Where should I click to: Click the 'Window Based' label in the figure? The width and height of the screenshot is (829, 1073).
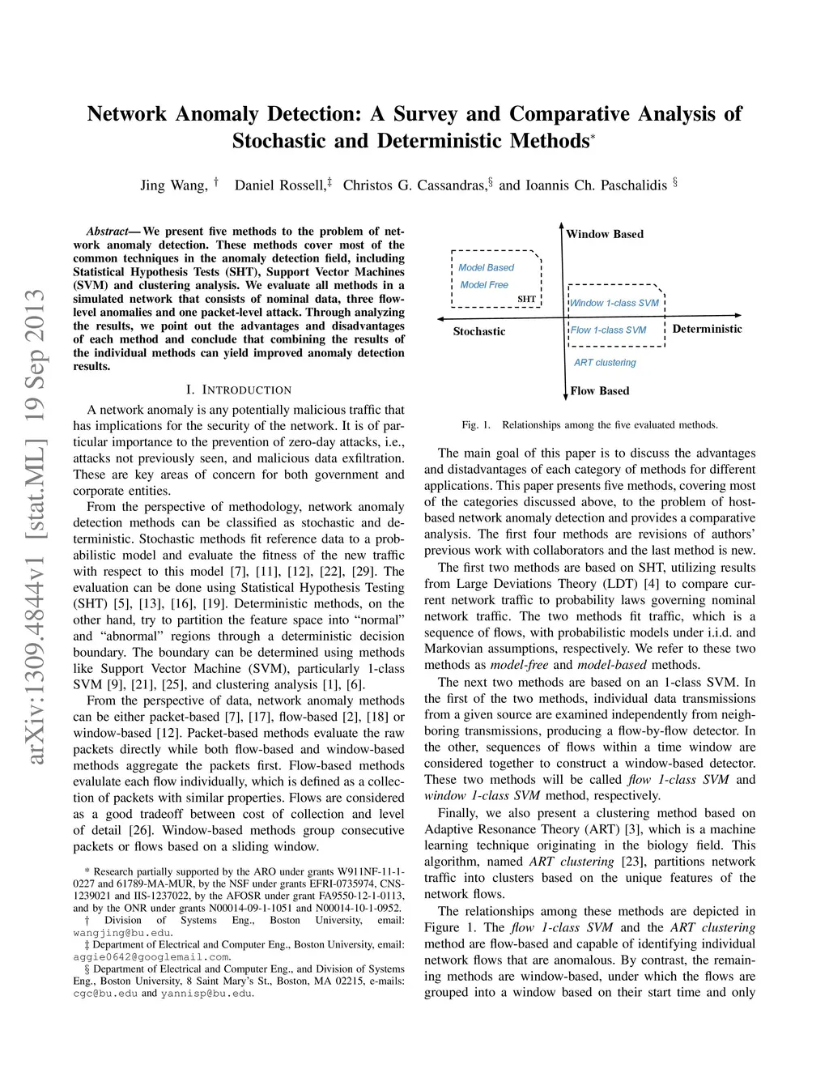tap(605, 234)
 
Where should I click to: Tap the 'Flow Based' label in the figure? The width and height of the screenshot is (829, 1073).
tap(599, 390)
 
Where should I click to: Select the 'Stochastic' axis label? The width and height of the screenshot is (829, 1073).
tap(478, 331)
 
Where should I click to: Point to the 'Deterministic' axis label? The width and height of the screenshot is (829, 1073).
tap(707, 329)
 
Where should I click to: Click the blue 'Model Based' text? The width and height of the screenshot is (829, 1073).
tap(486, 267)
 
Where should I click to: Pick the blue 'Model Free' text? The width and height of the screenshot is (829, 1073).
tap(484, 284)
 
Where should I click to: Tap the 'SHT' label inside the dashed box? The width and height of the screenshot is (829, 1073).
tap(526, 299)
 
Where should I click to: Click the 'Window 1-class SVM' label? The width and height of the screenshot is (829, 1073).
tap(614, 303)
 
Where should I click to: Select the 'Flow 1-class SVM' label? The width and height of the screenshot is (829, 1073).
tap(608, 330)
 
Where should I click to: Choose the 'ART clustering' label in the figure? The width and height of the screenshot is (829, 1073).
tap(605, 362)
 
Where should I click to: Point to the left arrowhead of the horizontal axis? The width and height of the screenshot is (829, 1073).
tap(440, 318)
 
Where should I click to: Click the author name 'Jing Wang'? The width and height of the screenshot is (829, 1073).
tap(173, 185)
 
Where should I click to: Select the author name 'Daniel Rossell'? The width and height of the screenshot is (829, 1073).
tap(279, 185)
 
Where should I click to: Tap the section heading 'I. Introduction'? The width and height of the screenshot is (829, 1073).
tap(239, 390)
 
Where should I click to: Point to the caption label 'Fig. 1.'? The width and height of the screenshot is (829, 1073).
tap(476, 424)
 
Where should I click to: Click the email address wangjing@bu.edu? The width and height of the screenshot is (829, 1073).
tap(121, 933)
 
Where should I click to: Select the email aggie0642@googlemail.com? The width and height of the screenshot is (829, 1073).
tap(151, 957)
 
